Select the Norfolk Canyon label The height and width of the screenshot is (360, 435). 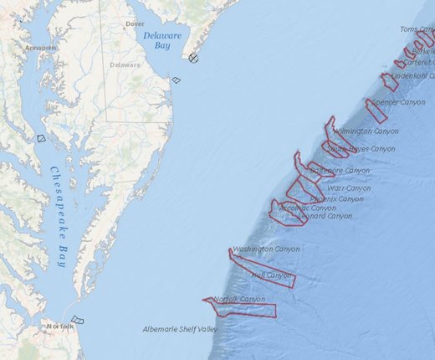click(x=238, y=299)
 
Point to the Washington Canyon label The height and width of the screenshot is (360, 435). click(x=266, y=249)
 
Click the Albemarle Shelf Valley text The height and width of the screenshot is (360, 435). click(x=180, y=329)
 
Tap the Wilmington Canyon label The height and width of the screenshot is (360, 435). click(x=366, y=131)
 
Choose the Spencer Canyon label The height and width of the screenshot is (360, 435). click(x=398, y=102)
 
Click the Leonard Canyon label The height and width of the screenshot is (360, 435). click(x=325, y=216)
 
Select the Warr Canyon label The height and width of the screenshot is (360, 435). click(x=349, y=189)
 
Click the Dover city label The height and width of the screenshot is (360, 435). click(x=135, y=24)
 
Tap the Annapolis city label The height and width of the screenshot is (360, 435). click(x=40, y=48)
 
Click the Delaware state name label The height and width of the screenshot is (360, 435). click(x=125, y=64)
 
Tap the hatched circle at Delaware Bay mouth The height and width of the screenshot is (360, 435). click(x=194, y=58)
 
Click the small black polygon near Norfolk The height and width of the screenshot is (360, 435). click(x=78, y=319)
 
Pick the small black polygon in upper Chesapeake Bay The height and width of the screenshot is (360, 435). click(x=41, y=138)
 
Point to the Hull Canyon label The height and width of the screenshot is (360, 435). click(x=271, y=275)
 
